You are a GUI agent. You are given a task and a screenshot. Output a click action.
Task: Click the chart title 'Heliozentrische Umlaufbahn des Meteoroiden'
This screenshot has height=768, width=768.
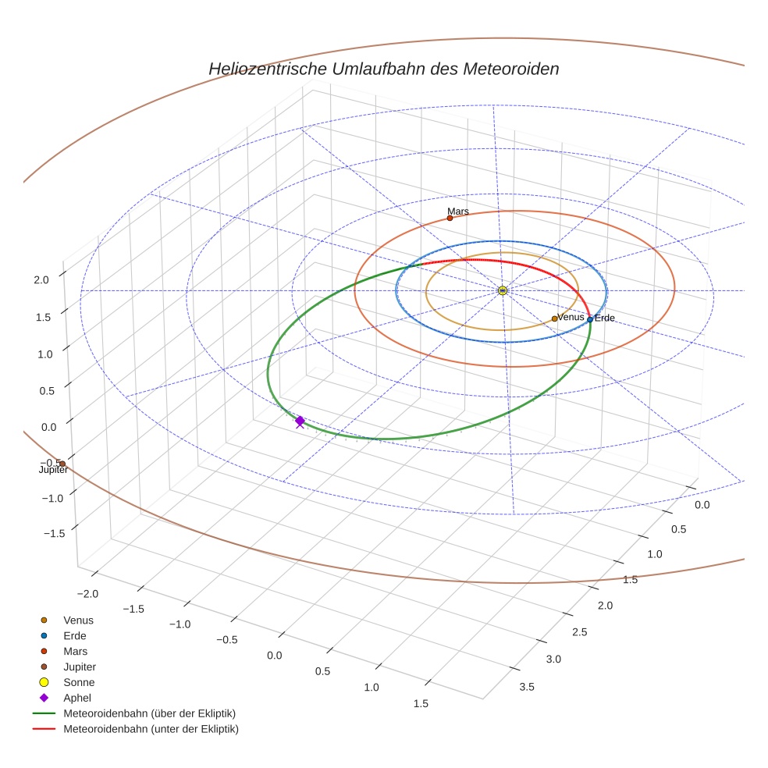point(383,69)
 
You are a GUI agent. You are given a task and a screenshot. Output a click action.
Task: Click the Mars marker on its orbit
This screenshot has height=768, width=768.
point(450,218)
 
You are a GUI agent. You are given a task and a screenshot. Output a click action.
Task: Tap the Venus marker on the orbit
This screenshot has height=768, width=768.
point(554,318)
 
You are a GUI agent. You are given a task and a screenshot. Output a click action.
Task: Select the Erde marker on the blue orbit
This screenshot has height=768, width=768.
point(590,319)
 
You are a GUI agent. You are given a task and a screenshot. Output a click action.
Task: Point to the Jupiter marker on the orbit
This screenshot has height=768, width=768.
point(62,464)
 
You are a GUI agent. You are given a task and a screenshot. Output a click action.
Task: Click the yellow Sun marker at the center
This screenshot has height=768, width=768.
point(503,290)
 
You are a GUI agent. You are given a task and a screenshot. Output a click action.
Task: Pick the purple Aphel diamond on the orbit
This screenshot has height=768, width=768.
point(300,421)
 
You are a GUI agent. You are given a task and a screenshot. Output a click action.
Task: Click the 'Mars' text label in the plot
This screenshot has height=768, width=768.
point(458,212)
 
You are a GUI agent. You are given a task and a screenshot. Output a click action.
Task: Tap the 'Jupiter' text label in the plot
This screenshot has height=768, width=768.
point(53,470)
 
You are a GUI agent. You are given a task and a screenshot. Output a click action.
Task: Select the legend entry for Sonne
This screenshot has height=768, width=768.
point(79,682)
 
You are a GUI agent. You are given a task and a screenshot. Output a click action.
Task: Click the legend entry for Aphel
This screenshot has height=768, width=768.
point(77,698)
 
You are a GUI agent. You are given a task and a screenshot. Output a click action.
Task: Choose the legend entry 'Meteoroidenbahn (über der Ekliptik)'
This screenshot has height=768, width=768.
point(149,713)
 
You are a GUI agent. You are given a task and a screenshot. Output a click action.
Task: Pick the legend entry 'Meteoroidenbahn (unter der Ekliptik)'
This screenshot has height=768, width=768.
point(151,729)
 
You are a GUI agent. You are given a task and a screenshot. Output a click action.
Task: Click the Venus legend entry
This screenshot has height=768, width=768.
point(78,620)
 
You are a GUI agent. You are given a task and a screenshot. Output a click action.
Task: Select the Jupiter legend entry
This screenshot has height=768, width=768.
point(80,667)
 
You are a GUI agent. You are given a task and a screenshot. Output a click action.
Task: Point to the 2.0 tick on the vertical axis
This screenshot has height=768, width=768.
point(42,279)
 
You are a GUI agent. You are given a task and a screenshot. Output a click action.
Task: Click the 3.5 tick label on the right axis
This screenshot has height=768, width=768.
point(527,687)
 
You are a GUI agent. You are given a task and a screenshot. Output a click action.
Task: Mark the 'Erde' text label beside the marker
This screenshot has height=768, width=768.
point(605,318)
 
